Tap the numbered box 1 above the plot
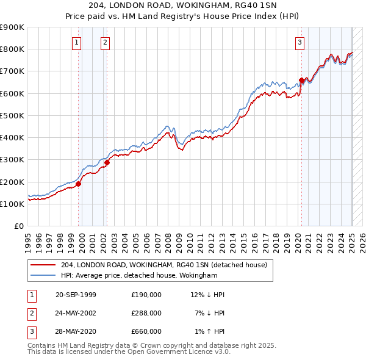coord(77,42)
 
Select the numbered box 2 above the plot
coord(106,42)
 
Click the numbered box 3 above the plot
coord(300,42)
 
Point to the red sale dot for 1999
coord(79,184)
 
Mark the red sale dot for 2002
coord(107,162)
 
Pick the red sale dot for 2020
coord(301,80)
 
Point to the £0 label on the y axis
coord(18,226)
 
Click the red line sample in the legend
coord(42,265)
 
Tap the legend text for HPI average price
coord(139,276)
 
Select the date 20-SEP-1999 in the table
coord(76,295)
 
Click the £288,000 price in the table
coord(146,313)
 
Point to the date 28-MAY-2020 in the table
coord(76,331)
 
